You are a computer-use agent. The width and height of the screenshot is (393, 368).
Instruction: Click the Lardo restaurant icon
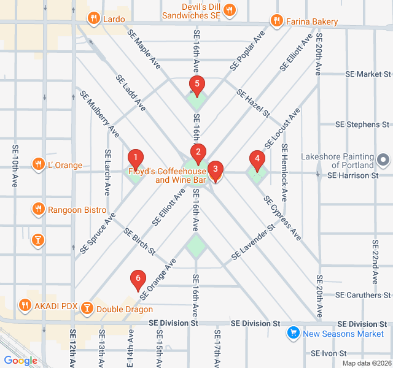click(93, 18)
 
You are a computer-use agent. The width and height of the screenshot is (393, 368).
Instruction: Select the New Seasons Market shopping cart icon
click(294, 333)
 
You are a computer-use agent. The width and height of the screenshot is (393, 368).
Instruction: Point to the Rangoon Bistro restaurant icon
click(38, 210)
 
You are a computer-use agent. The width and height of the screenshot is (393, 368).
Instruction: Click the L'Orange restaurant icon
click(38, 165)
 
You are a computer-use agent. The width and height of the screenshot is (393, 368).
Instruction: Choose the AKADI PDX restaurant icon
click(25, 305)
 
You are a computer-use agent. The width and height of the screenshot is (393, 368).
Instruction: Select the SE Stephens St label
click(362, 125)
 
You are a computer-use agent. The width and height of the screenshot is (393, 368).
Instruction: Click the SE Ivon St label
click(329, 353)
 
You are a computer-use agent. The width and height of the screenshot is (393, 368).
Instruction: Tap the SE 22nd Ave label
click(375, 261)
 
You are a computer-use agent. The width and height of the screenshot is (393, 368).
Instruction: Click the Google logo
click(20, 361)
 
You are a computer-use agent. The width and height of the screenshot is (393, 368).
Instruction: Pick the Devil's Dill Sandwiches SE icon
click(229, 10)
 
